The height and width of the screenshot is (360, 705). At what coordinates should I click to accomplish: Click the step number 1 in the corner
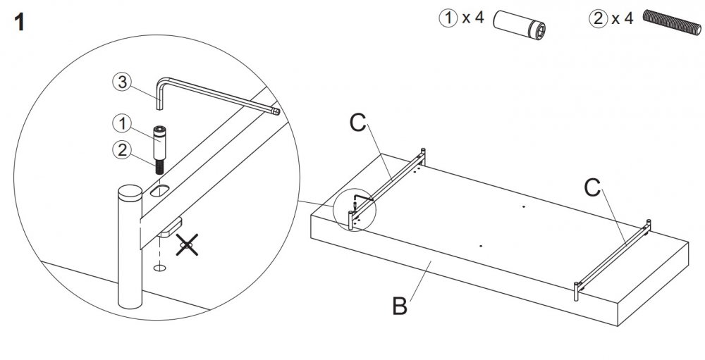[19, 23]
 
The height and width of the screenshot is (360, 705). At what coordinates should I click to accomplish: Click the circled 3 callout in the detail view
[121, 82]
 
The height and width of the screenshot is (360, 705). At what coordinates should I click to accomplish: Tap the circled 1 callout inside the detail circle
[121, 124]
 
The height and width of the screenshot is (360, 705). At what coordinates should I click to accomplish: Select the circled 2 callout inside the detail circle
[121, 149]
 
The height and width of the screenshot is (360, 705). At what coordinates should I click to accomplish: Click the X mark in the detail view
[186, 246]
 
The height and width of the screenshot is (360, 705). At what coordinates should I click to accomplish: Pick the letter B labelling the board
[400, 307]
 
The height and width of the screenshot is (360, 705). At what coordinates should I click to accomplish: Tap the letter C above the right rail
[592, 187]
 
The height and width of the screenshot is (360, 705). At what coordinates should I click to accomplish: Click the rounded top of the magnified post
[130, 192]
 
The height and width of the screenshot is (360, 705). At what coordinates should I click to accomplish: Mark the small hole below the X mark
[159, 268]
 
